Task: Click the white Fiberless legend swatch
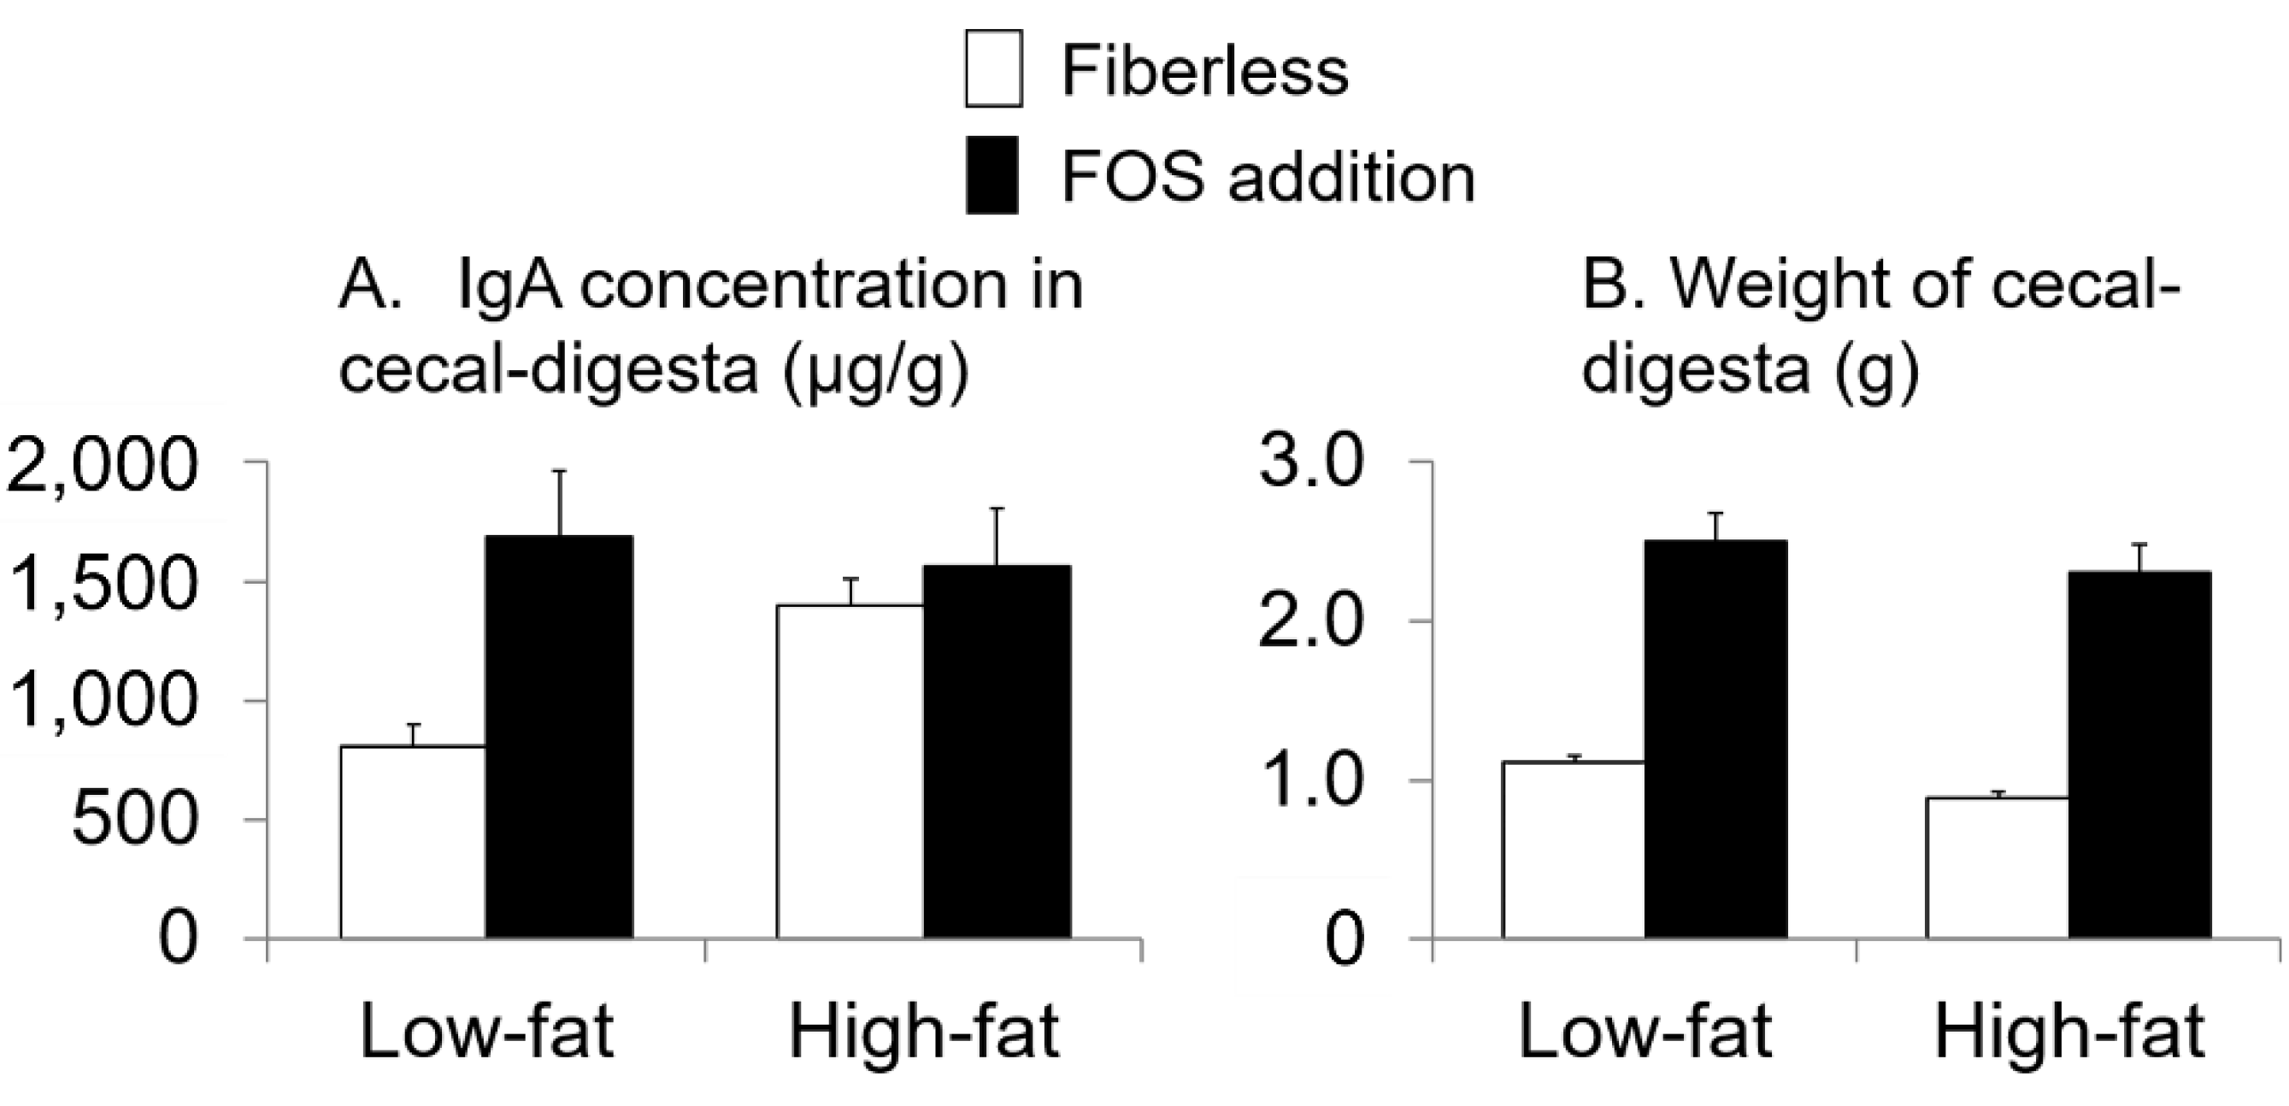993,68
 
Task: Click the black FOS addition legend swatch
993,175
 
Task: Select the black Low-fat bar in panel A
559,737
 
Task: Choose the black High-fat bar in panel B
2139,754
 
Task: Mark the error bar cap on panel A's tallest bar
560,471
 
